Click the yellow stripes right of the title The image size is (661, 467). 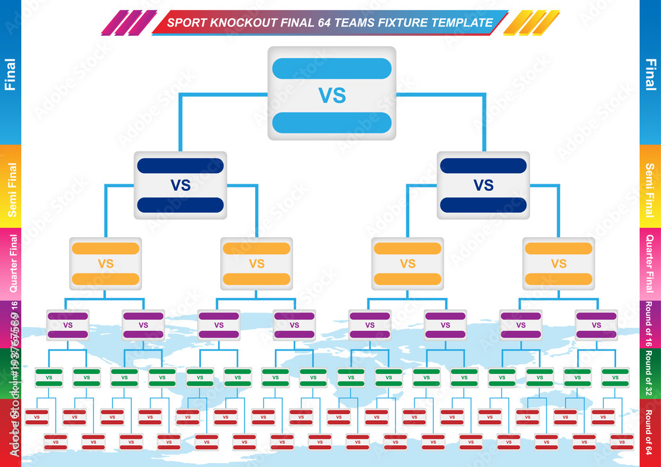pos(532,22)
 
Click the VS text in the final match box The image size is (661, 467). pos(332,95)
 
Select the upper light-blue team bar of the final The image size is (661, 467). pos(332,69)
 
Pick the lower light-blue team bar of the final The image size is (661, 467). pos(332,122)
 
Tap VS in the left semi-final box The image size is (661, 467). pos(180,186)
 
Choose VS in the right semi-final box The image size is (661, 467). pos(483,186)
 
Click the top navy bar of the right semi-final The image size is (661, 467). pos(483,166)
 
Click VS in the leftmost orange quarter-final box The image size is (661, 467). pos(106,264)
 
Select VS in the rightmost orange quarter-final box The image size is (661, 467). pos(559,264)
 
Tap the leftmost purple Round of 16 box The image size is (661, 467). pos(67,325)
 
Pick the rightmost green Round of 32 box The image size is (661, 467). pos(615,378)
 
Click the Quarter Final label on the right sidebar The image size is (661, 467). pos(650,264)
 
